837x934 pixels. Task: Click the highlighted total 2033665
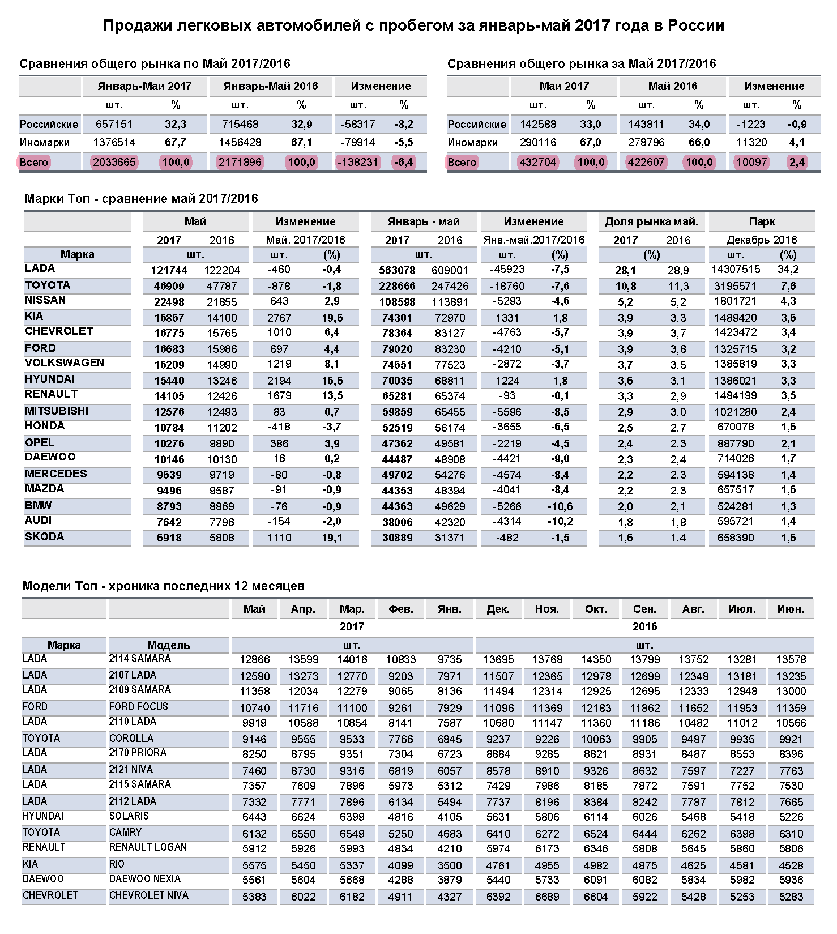[x=114, y=163]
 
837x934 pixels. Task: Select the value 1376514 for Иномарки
[x=114, y=143]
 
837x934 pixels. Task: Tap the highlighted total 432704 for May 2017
[x=537, y=163]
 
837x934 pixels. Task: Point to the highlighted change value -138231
[x=357, y=163]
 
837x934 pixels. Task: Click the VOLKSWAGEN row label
[x=65, y=363]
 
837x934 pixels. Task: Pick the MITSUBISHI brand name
[x=57, y=411]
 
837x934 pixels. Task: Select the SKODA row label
[x=44, y=537]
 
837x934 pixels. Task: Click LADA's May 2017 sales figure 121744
[x=169, y=271]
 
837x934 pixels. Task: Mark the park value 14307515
[x=736, y=270]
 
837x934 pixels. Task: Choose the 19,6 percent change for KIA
[x=332, y=318]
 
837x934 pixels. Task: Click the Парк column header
[x=762, y=222]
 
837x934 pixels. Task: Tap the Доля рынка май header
[x=651, y=222]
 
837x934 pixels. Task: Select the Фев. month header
[x=401, y=609]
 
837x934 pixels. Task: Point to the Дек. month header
[x=498, y=609]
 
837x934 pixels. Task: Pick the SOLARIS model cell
[x=129, y=816]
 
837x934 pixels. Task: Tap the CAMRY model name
[x=125, y=833]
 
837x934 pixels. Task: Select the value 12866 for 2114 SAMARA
[x=255, y=660]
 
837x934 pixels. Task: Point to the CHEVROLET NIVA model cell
[x=149, y=895]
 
